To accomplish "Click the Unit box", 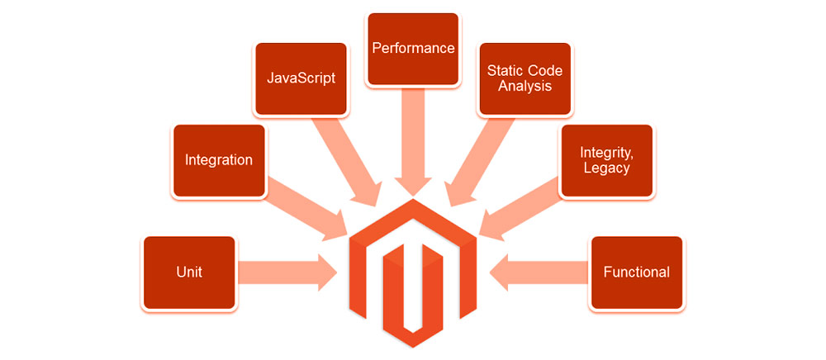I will pos(190,272).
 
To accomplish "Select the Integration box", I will pos(219,160).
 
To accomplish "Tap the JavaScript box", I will pos(301,78).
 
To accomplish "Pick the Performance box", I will pos(413,48).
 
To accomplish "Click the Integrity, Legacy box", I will pos(607,160).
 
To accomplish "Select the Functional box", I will pos(637,272).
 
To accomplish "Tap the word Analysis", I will pos(525,86).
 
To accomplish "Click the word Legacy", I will pos(607,168).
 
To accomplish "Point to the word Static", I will pos(503,70).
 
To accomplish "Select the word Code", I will pos(544,70).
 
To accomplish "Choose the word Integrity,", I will pos(607,152).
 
